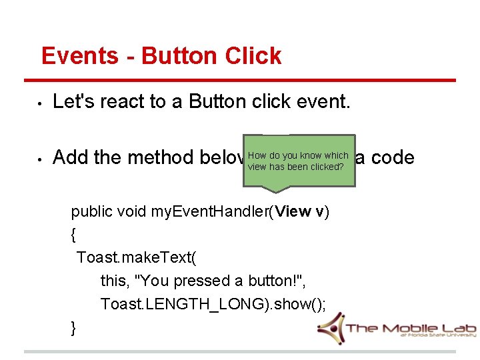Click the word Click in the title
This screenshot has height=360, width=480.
point(253,56)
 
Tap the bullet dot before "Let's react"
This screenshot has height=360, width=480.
point(40,103)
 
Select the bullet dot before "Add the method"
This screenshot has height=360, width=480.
point(40,159)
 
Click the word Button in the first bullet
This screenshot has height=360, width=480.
point(219,101)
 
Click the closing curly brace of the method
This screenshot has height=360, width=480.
point(74,327)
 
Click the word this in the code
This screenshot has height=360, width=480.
point(113,281)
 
